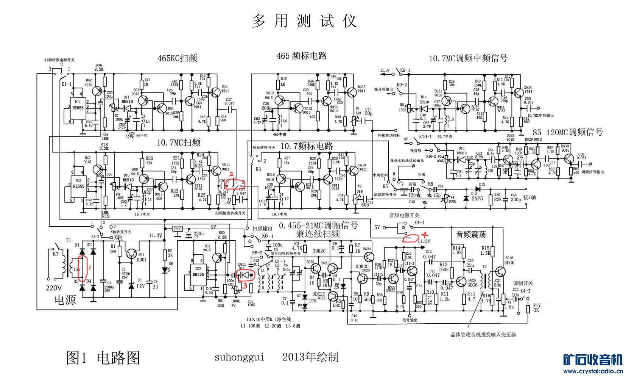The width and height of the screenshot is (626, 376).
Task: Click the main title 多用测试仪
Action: click(x=304, y=21)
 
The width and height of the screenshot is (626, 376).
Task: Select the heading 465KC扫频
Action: click(x=177, y=58)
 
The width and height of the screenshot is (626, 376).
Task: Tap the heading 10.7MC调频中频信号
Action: click(x=468, y=58)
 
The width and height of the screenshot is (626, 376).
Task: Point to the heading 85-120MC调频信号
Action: click(x=567, y=132)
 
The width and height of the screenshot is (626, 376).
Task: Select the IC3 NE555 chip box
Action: click(x=196, y=274)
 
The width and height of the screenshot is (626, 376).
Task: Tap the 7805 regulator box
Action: click(x=177, y=229)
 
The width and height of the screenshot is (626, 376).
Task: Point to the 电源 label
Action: click(x=65, y=300)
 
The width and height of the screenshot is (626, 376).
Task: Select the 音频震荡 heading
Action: click(x=471, y=234)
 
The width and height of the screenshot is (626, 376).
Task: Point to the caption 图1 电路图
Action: click(x=103, y=357)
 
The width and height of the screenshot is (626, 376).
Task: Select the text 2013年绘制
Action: click(x=310, y=357)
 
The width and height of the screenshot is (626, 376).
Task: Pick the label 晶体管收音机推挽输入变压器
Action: click(x=483, y=335)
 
